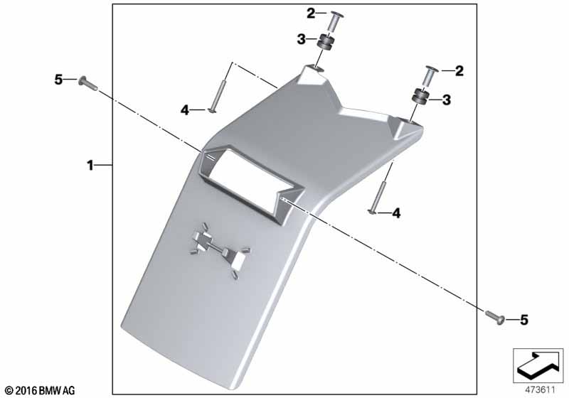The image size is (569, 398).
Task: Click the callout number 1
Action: coord(90,166)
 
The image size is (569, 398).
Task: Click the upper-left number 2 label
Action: coord(311,14)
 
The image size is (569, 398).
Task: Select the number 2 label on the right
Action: coord(459,70)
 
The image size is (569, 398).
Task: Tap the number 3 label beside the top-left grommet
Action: coord(301,39)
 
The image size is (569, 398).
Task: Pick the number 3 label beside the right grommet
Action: coord(446,99)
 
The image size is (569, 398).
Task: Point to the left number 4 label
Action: coord(185,110)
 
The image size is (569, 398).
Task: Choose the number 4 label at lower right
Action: coord(396,213)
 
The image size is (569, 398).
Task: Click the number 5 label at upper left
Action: coord(58,80)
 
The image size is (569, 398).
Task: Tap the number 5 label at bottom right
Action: coord(524,320)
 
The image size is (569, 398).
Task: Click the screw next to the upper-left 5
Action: coord(87,83)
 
